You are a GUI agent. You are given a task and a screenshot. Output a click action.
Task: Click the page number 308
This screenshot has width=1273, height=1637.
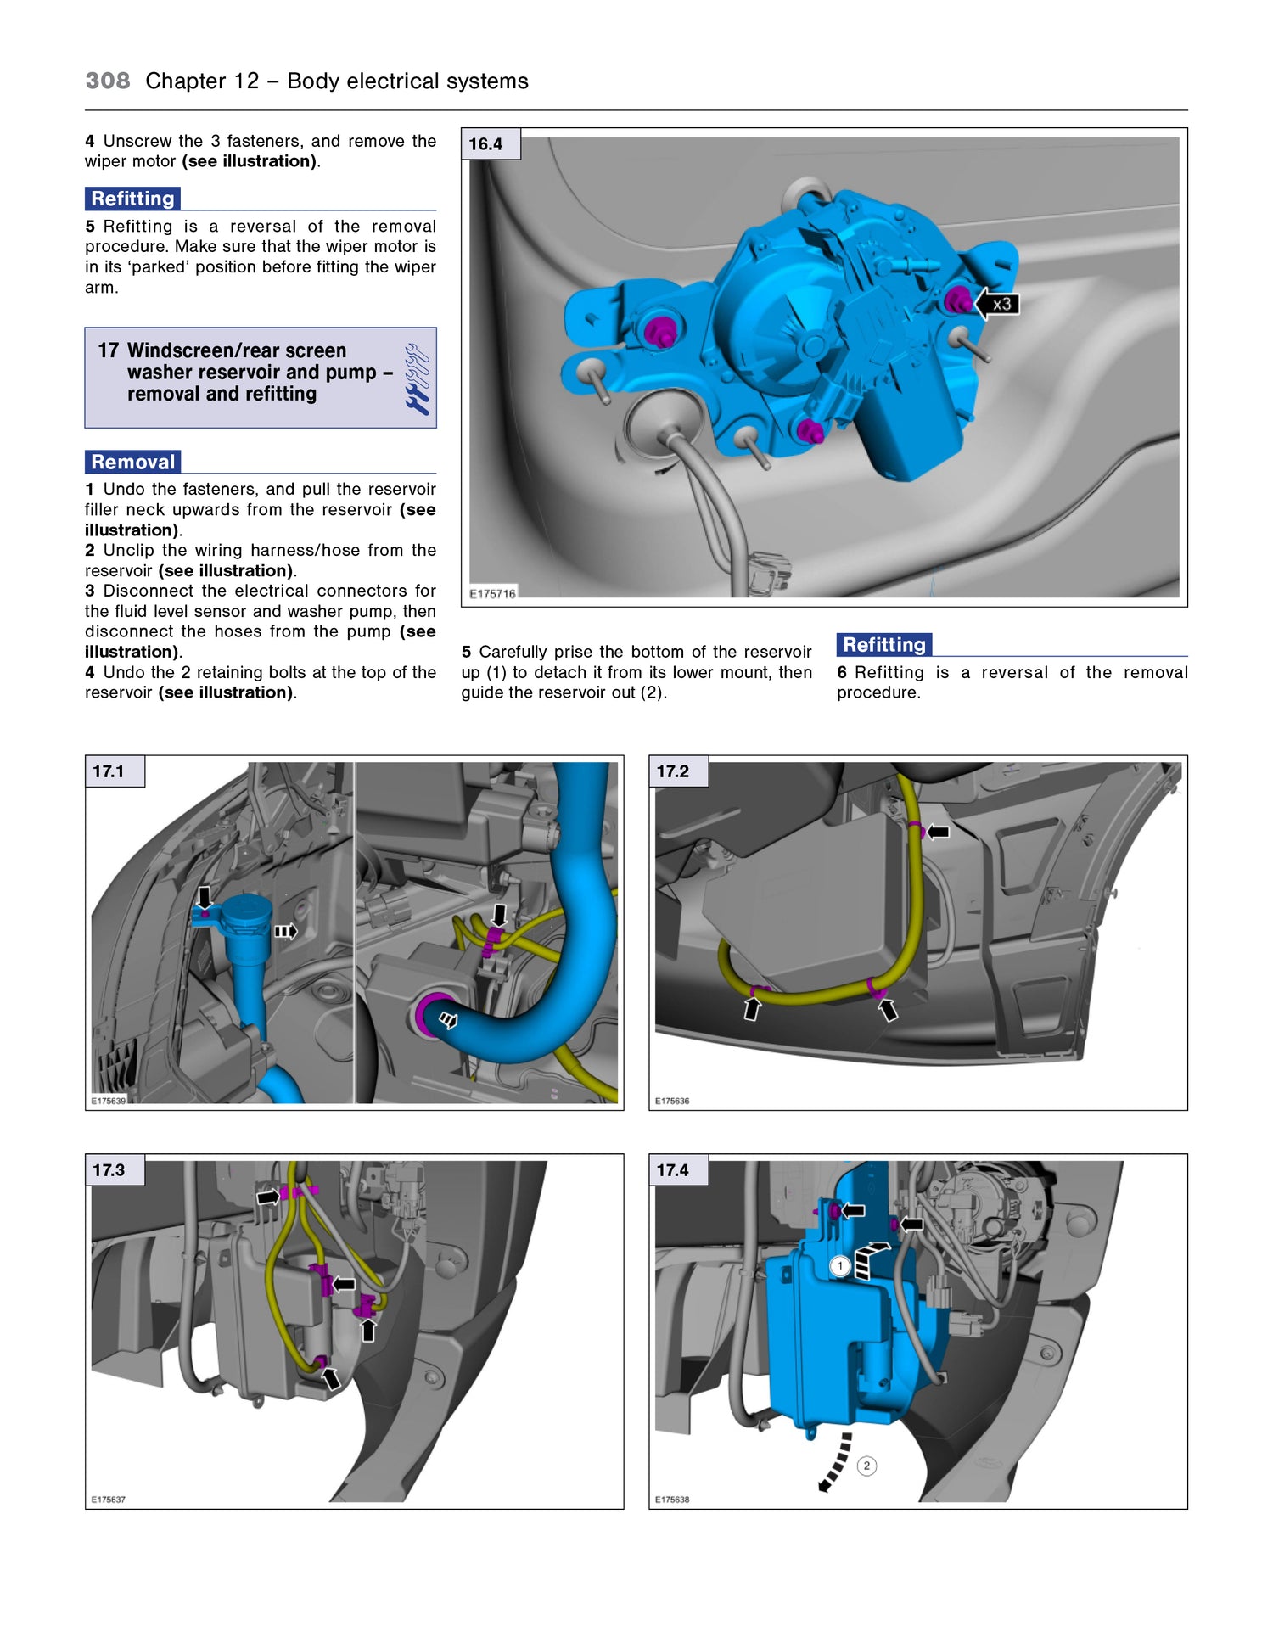[108, 81]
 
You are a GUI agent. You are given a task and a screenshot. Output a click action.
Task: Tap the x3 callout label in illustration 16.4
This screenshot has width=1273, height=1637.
[1001, 304]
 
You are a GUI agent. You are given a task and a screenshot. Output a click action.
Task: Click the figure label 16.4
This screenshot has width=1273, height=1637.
[485, 144]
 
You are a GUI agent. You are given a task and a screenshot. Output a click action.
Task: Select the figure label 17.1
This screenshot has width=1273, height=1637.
[109, 771]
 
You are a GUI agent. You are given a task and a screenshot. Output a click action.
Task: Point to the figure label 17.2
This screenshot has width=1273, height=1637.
[673, 771]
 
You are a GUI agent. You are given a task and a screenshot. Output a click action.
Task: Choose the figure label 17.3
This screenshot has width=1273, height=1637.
[109, 1170]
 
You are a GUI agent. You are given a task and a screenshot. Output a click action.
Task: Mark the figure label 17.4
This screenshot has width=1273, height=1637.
[673, 1170]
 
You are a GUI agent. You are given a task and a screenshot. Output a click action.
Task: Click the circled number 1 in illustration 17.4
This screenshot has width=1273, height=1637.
[840, 1266]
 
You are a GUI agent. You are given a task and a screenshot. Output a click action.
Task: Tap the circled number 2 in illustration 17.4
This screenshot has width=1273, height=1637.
[866, 1466]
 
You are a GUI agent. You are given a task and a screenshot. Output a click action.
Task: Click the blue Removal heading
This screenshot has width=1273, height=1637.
[133, 462]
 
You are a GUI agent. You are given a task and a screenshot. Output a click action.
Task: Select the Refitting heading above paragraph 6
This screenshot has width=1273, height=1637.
[884, 645]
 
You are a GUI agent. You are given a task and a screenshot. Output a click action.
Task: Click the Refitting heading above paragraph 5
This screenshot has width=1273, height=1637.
[133, 199]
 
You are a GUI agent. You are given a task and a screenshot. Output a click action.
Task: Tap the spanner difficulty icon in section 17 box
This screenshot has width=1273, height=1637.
[417, 378]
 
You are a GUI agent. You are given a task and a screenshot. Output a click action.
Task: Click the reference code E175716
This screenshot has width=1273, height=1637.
[492, 593]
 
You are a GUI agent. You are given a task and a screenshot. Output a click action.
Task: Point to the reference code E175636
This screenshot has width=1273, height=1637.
[672, 1101]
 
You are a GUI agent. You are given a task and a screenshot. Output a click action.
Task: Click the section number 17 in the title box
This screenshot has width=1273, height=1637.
[108, 350]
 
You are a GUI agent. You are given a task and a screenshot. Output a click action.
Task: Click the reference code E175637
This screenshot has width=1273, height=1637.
[109, 1500]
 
